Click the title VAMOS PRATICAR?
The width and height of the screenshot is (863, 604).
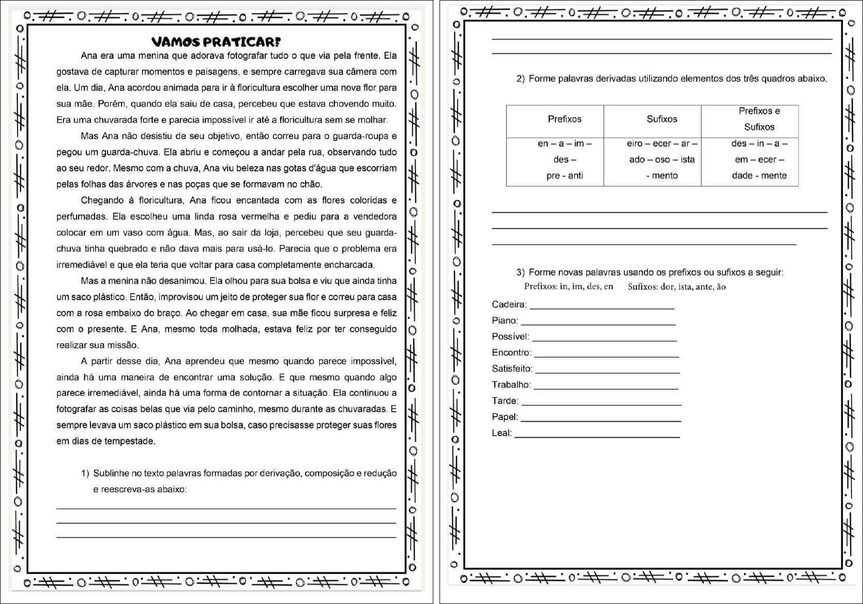click(x=216, y=42)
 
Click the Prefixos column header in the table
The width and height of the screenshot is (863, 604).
click(x=564, y=119)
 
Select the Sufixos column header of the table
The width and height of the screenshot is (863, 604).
click(x=661, y=119)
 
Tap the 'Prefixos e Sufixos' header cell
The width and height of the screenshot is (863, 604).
click(x=759, y=119)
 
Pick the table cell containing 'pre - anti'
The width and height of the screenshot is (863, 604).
click(x=564, y=175)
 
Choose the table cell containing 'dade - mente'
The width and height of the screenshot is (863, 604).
click(x=759, y=175)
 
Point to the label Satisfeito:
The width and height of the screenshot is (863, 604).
click(x=512, y=369)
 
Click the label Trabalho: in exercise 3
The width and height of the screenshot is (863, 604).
click(x=511, y=385)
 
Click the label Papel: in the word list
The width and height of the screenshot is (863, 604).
click(x=505, y=417)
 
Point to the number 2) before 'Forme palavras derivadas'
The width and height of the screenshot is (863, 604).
click(x=520, y=79)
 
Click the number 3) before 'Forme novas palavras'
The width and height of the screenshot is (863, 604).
click(x=520, y=272)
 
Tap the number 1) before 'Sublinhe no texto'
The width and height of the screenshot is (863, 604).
click(x=85, y=473)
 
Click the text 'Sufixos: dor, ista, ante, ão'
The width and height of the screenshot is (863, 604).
click(x=676, y=287)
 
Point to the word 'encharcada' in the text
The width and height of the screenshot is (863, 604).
click(x=349, y=264)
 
